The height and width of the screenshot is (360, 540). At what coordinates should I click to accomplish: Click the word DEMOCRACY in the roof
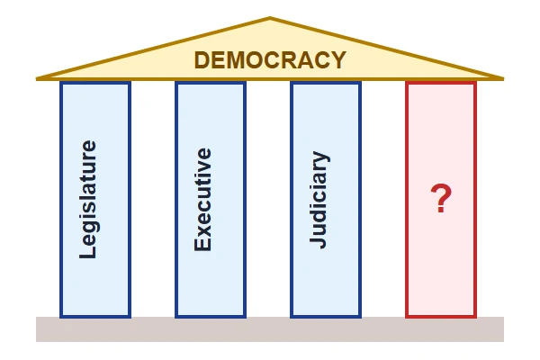click(270, 60)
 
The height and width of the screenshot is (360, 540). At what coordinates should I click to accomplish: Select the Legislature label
click(88, 199)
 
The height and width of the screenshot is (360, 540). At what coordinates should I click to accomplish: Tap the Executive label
click(202, 200)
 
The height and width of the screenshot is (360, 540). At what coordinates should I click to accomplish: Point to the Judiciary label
click(319, 200)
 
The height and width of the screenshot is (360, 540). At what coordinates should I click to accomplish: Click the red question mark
click(441, 198)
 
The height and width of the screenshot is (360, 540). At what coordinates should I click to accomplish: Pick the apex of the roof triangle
click(270, 17)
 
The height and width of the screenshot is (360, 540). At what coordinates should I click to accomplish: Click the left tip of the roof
click(37, 79)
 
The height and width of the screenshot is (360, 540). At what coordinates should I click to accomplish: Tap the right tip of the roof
click(503, 79)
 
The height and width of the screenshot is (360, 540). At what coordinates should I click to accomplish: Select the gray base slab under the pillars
click(270, 329)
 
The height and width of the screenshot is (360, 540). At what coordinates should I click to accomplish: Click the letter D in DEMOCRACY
click(202, 60)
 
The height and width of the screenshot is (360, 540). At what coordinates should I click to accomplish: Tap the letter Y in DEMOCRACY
click(338, 60)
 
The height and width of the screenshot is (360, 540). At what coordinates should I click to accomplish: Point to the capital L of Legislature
click(88, 251)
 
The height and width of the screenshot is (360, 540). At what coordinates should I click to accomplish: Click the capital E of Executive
click(202, 244)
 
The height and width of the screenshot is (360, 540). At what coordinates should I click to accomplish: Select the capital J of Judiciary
click(318, 242)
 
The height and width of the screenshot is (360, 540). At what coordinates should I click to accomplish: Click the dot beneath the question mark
click(441, 209)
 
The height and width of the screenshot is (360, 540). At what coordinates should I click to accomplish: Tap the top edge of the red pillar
click(441, 83)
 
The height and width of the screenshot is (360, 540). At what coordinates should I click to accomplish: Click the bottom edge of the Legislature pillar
click(95, 316)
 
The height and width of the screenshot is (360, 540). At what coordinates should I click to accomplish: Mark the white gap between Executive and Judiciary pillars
click(268, 199)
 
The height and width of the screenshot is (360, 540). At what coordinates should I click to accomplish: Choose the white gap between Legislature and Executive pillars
click(153, 199)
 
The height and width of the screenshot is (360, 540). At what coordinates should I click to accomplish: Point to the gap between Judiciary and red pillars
click(383, 199)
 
